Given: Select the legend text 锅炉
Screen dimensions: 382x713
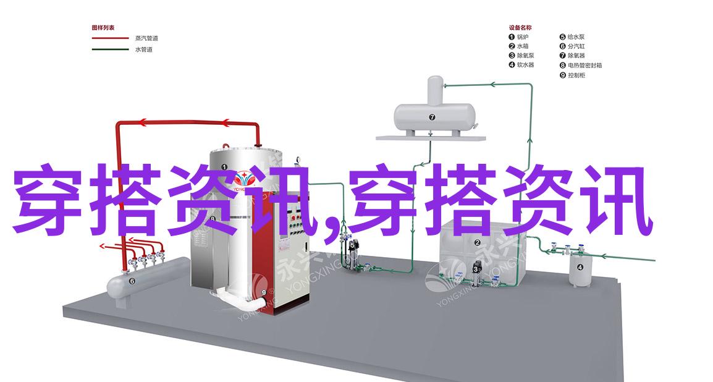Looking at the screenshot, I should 521,37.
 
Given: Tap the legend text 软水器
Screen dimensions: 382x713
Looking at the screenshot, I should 525,65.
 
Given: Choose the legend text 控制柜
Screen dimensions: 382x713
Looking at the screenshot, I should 576,75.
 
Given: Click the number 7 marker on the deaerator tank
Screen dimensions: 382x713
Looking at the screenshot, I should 432,117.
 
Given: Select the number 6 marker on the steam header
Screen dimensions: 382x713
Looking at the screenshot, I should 132,281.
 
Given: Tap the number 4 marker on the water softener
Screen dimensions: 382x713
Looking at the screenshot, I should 580,267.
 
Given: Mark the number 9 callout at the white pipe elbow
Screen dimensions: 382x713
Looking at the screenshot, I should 264,293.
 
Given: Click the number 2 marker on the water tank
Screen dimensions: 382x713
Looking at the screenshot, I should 477,243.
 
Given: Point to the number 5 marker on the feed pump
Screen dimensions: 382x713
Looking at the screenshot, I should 353,245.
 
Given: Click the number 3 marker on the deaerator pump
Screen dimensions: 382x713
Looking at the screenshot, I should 475,268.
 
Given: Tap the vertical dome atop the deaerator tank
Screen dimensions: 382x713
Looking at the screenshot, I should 435,88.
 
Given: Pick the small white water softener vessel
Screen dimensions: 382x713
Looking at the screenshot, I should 580,270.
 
